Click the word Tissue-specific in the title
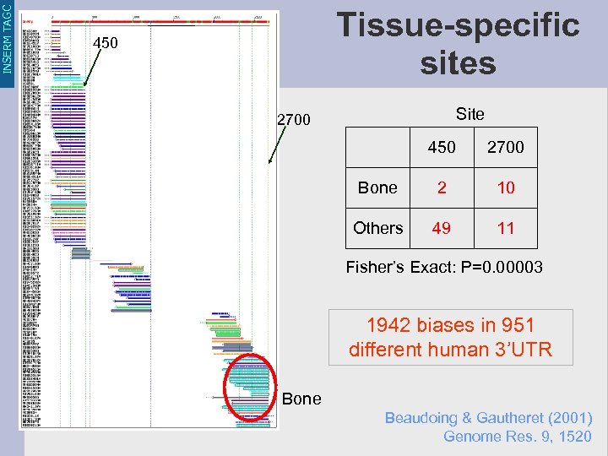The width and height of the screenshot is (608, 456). (459, 25)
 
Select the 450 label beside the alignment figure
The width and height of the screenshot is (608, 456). (106, 42)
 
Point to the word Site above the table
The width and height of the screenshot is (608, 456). (470, 114)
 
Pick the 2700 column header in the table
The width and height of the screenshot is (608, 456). (505, 147)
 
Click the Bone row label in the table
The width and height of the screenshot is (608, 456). (377, 187)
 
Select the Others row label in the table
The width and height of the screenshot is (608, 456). (377, 228)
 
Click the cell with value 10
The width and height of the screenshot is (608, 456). (505, 187)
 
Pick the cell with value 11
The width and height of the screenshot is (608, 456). (505, 228)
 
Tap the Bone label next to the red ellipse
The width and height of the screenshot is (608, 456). (301, 399)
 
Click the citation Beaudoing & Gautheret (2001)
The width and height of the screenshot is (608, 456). (488, 418)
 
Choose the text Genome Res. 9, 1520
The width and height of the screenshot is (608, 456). (517, 437)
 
